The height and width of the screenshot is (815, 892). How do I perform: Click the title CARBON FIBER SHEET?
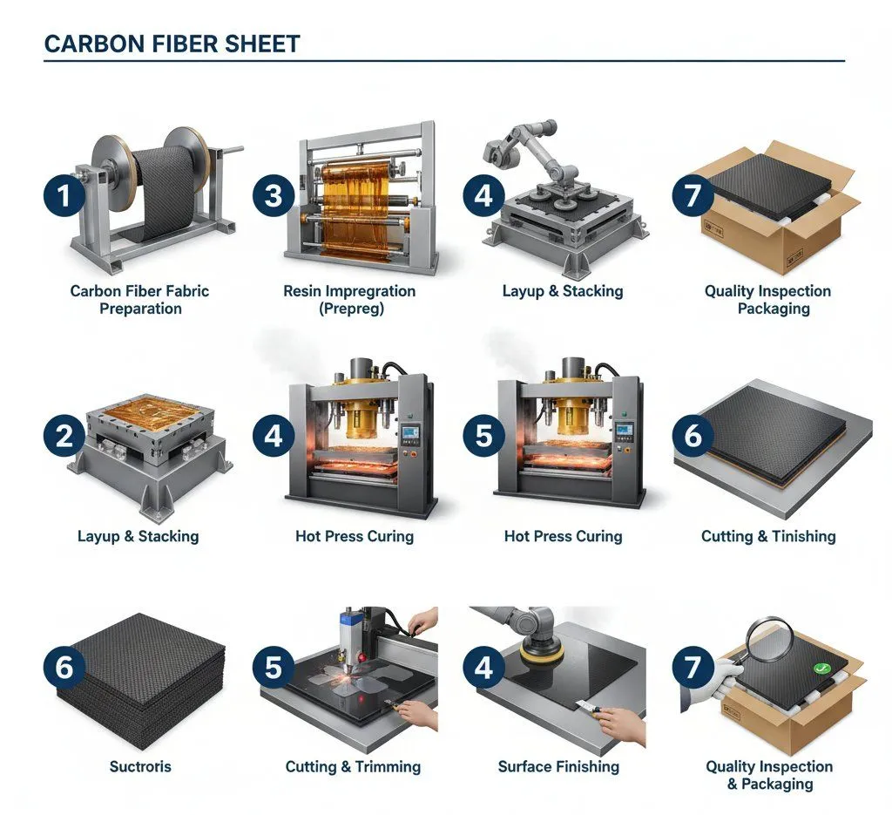point(172,44)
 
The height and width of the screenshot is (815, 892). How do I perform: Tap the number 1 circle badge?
point(64,195)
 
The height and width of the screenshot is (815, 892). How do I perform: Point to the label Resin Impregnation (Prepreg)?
point(349,299)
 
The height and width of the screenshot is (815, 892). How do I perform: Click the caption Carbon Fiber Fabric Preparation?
point(139,299)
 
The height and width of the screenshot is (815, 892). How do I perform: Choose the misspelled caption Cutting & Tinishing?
point(768,536)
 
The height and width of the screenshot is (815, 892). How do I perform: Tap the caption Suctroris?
point(140,767)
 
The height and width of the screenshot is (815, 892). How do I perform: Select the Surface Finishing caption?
point(558,767)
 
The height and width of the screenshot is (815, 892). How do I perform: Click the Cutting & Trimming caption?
point(353,767)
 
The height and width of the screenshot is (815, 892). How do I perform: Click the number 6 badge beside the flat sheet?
point(693,434)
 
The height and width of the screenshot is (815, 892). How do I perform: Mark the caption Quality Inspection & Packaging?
point(768,775)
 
